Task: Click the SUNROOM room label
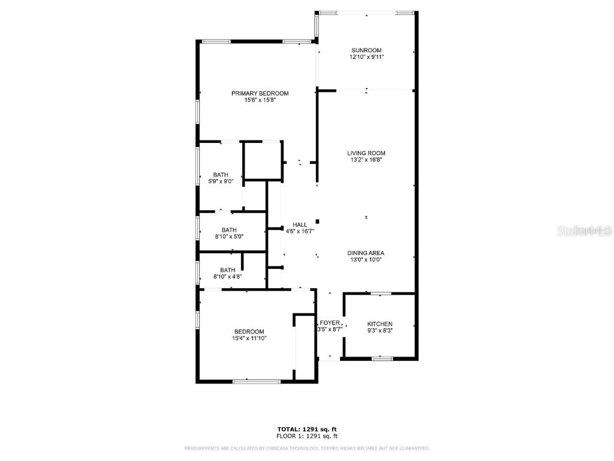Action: tap(366, 50)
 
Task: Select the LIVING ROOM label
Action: tap(366, 153)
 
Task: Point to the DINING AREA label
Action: tap(366, 253)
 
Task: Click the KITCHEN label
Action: tap(380, 324)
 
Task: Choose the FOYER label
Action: tap(330, 322)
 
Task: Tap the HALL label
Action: tap(300, 224)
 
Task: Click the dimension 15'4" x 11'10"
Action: tap(249, 339)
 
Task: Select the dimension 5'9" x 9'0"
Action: tap(220, 181)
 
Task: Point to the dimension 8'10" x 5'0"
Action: tap(228, 237)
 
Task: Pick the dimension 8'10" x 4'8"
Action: tap(227, 277)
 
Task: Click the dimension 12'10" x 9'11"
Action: tap(366, 57)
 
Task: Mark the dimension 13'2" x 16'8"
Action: tap(366, 160)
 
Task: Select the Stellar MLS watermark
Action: tap(584, 230)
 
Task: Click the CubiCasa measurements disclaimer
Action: tap(306, 448)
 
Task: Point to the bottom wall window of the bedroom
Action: tap(256, 381)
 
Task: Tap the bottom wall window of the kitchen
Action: tap(381, 359)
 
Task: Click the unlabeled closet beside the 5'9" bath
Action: tap(263, 161)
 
